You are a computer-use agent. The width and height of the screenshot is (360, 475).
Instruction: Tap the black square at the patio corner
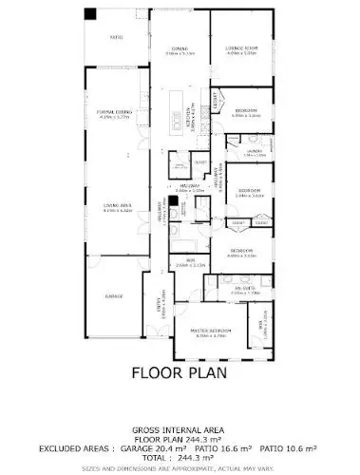90,14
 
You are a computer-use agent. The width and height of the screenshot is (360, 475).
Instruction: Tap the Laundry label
255,152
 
